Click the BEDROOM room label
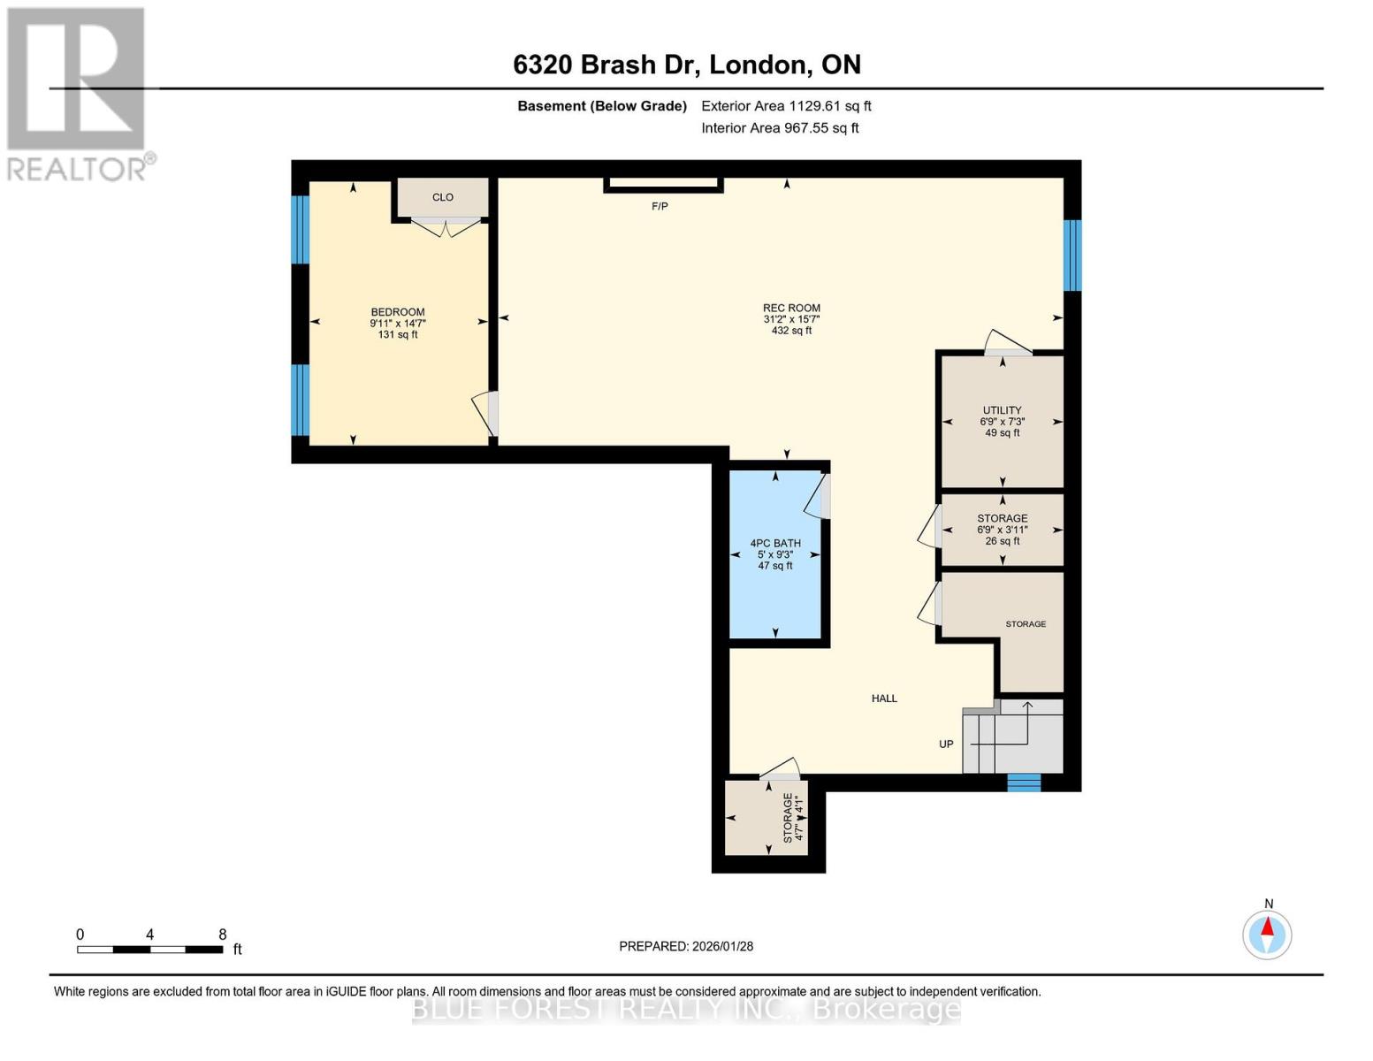point(398,312)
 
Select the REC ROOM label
point(791,309)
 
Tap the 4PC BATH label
point(775,544)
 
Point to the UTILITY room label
point(1002,410)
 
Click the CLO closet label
point(443,197)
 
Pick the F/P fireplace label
point(660,207)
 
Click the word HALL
point(884,698)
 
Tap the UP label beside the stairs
point(946,744)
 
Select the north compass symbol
point(1267,934)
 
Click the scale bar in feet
point(150,950)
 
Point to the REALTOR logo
point(77,93)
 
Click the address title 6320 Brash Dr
point(687,65)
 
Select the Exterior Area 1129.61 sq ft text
point(786,106)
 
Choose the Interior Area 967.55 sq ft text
point(780,128)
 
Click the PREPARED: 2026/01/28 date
point(686,946)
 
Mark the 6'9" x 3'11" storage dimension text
point(1002,530)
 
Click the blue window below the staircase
point(1025,782)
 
